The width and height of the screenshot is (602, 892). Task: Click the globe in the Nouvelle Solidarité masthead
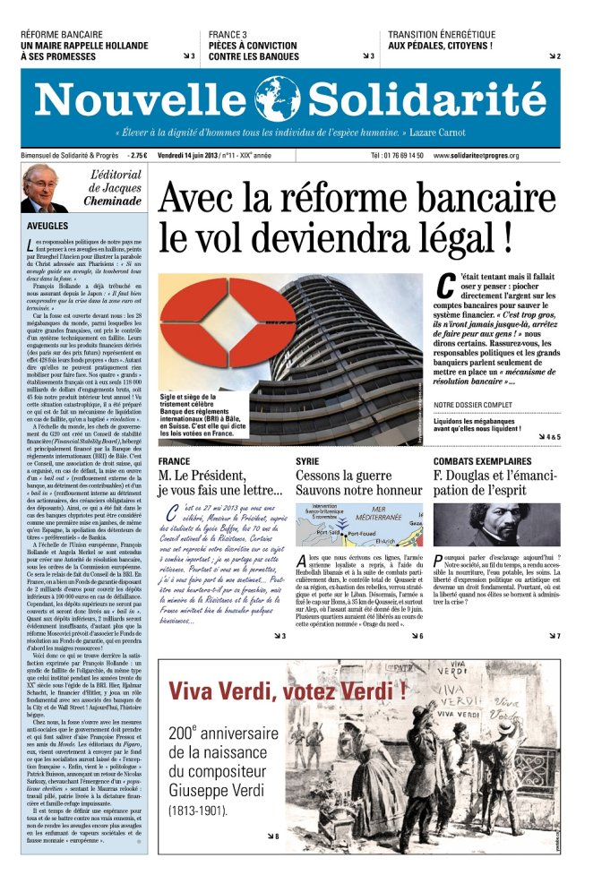pyautogui.click(x=277, y=99)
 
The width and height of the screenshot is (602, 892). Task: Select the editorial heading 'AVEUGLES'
pyautogui.click(x=49, y=227)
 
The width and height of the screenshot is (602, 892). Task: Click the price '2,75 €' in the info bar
pyautogui.click(x=138, y=155)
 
